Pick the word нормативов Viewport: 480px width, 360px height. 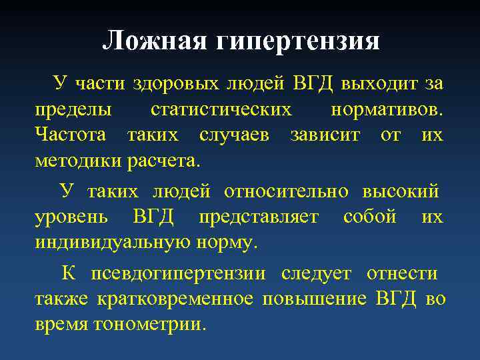pyautogui.click(x=387, y=109)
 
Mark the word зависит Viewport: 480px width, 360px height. pyautogui.click(x=325, y=135)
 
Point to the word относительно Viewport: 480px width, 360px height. pyautogui.click(x=286, y=192)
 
